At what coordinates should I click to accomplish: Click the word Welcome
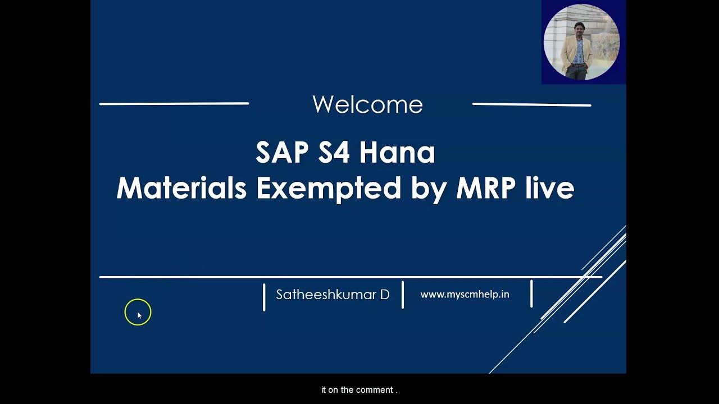point(367,105)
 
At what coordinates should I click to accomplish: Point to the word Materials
point(181,188)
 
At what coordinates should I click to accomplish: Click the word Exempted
point(329,188)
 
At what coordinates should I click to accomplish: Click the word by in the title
point(428,189)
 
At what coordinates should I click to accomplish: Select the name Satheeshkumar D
point(333,295)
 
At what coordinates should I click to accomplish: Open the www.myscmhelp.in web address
point(465,295)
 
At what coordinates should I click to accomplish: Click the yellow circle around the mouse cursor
point(138,312)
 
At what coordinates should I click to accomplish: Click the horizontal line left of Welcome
point(174,104)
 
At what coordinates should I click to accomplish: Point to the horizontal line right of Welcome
point(531,104)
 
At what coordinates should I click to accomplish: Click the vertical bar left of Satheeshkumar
point(264,297)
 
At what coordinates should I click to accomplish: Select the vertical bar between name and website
point(403,295)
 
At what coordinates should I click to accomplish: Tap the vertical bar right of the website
point(531,294)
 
